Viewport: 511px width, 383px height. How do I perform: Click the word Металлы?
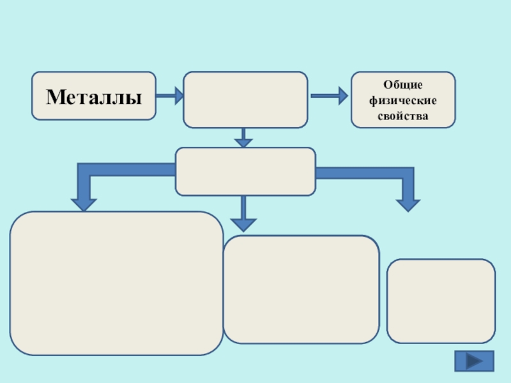[x=93, y=98]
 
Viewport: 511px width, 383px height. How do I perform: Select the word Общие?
[x=403, y=84]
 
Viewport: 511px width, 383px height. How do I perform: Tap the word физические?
[x=403, y=101]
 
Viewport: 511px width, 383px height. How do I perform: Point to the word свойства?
[x=403, y=117]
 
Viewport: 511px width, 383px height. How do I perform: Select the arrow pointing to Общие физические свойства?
[x=328, y=96]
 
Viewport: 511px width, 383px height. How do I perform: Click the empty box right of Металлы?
[x=245, y=100]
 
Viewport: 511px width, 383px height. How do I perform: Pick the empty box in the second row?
[x=245, y=171]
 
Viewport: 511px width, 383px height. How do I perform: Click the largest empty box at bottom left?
[x=116, y=283]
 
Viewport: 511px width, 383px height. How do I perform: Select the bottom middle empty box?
[x=301, y=289]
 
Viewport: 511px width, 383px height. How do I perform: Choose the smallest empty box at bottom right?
[x=441, y=301]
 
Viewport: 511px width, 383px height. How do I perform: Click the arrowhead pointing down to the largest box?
[x=84, y=204]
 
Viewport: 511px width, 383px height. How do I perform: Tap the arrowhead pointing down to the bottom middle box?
[x=243, y=223]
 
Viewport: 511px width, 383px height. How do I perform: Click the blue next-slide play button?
[x=473, y=361]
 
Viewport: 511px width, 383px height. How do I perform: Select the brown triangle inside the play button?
[x=475, y=361]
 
